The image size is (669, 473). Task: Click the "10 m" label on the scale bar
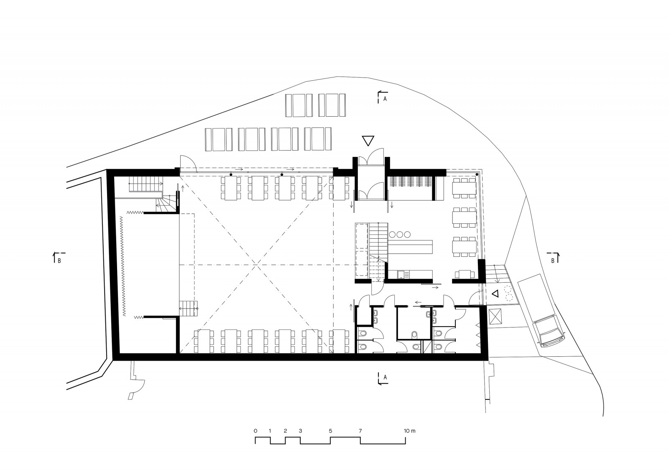click(409, 431)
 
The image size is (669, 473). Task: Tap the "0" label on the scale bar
click(255, 431)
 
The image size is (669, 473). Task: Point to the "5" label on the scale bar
click(330, 431)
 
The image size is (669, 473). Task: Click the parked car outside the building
click(550, 332)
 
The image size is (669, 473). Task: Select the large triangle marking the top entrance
click(368, 141)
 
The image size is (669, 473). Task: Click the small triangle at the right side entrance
click(495, 294)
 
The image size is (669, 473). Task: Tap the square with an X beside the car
click(496, 317)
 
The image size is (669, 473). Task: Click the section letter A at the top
click(385, 99)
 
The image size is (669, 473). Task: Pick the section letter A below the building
click(385, 377)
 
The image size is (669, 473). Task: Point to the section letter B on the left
click(59, 261)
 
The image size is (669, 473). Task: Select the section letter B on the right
click(552, 261)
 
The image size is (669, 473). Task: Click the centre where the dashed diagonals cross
click(256, 265)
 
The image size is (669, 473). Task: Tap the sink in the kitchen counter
click(402, 274)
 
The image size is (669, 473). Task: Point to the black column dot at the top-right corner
click(477, 174)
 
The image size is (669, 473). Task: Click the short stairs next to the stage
click(188, 308)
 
